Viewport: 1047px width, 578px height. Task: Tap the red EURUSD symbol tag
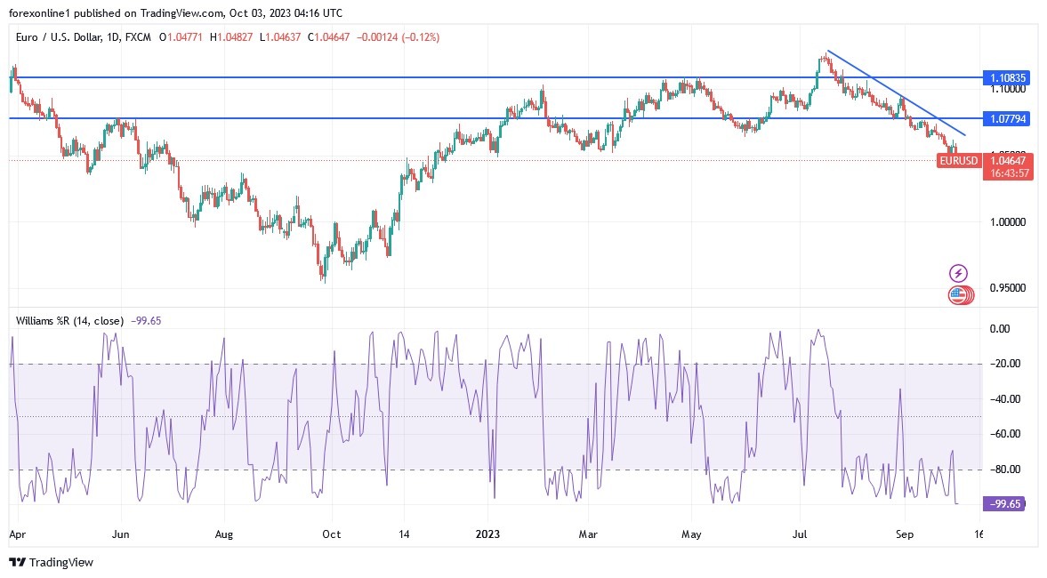coord(959,161)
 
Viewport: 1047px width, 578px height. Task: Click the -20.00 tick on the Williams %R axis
coord(1005,364)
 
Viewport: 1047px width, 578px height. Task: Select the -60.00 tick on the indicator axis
coord(1005,434)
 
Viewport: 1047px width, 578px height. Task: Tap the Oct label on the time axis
coord(330,535)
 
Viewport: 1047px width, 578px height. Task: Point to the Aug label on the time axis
coord(224,535)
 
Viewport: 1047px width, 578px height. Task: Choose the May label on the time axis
coord(691,535)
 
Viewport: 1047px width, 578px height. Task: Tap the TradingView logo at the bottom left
coord(51,562)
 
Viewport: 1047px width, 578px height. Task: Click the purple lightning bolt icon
coord(959,273)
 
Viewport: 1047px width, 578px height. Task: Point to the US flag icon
coord(958,294)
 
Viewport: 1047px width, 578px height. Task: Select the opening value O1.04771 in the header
coord(182,37)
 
